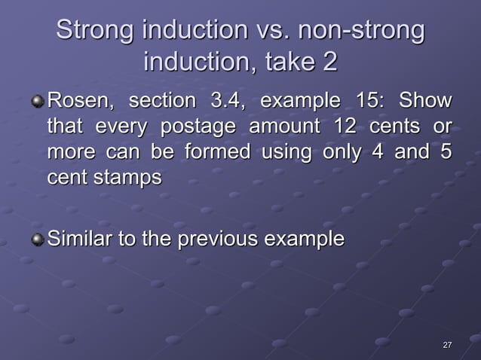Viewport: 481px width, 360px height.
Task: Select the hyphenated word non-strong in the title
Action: tap(361, 32)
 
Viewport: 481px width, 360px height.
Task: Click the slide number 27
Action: tap(447, 345)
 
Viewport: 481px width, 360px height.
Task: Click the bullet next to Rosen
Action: tap(38, 100)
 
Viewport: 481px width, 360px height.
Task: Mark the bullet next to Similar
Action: tap(38, 240)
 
